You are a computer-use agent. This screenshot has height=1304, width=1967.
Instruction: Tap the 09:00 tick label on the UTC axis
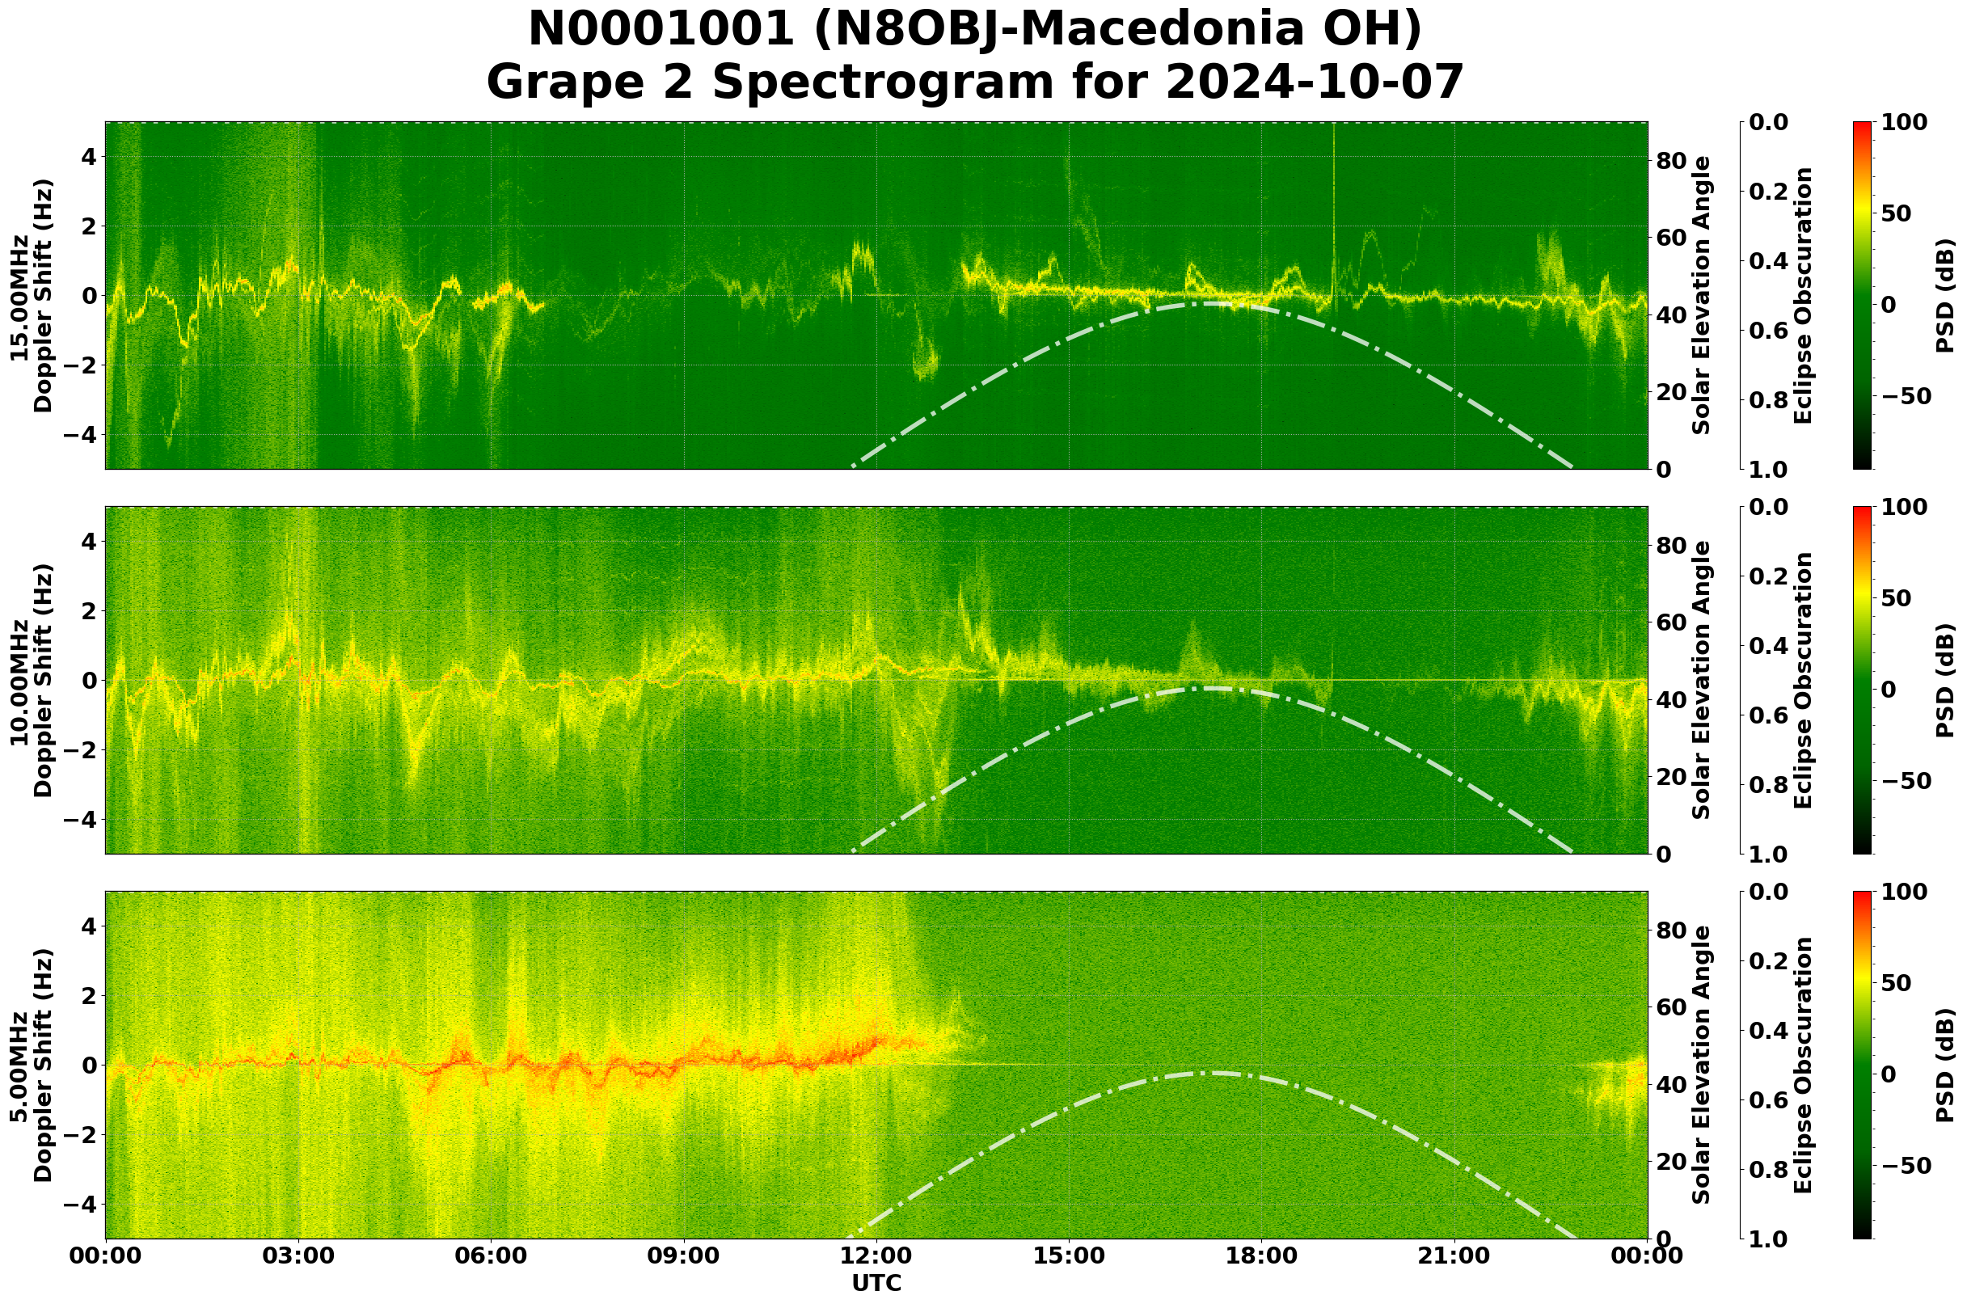pos(684,1255)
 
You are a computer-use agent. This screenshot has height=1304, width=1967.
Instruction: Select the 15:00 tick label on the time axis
pos(1069,1255)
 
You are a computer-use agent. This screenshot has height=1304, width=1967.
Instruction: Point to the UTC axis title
pos(876,1283)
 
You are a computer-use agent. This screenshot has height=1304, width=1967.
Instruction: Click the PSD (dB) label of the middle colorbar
pos(1944,680)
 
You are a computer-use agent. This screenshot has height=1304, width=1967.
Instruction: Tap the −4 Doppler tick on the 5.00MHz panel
pos(81,1205)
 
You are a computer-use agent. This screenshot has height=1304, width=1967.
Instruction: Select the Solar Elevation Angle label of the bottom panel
pos(1701,1066)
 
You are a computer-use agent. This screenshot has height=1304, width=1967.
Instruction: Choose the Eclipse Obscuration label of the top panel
pos(1802,295)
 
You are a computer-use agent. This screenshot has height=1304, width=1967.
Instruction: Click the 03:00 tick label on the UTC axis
pos(298,1255)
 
